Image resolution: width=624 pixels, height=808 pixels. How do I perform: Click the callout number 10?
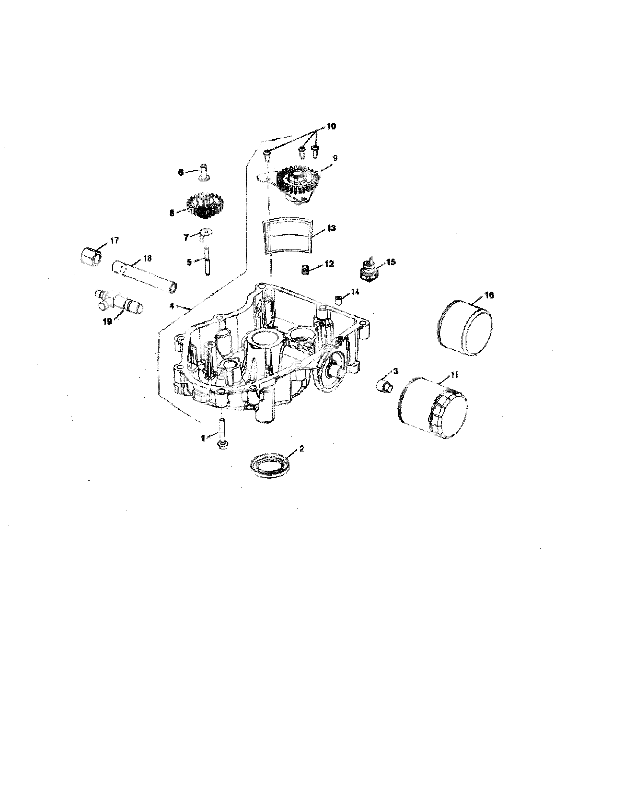331,127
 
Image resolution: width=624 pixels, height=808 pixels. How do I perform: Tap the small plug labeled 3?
384,386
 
